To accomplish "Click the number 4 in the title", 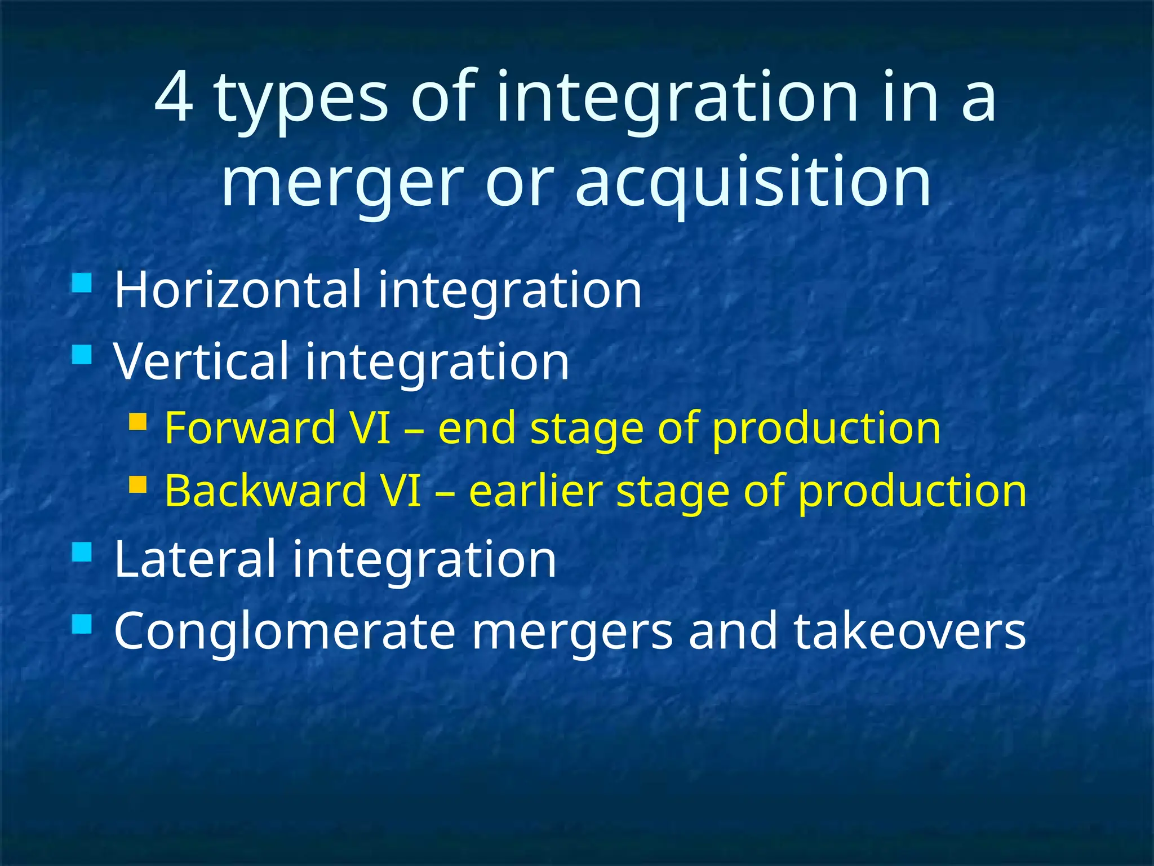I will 174,98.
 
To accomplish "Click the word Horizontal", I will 237,290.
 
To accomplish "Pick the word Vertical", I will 201,361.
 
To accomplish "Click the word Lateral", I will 194,559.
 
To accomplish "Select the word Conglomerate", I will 285,631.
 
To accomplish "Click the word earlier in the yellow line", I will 535,491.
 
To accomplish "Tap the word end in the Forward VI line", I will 477,428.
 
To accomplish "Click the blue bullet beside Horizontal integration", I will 82,283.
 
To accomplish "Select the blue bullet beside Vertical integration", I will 82,355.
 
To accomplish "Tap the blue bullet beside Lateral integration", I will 82,552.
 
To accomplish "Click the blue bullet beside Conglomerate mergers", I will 82,624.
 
